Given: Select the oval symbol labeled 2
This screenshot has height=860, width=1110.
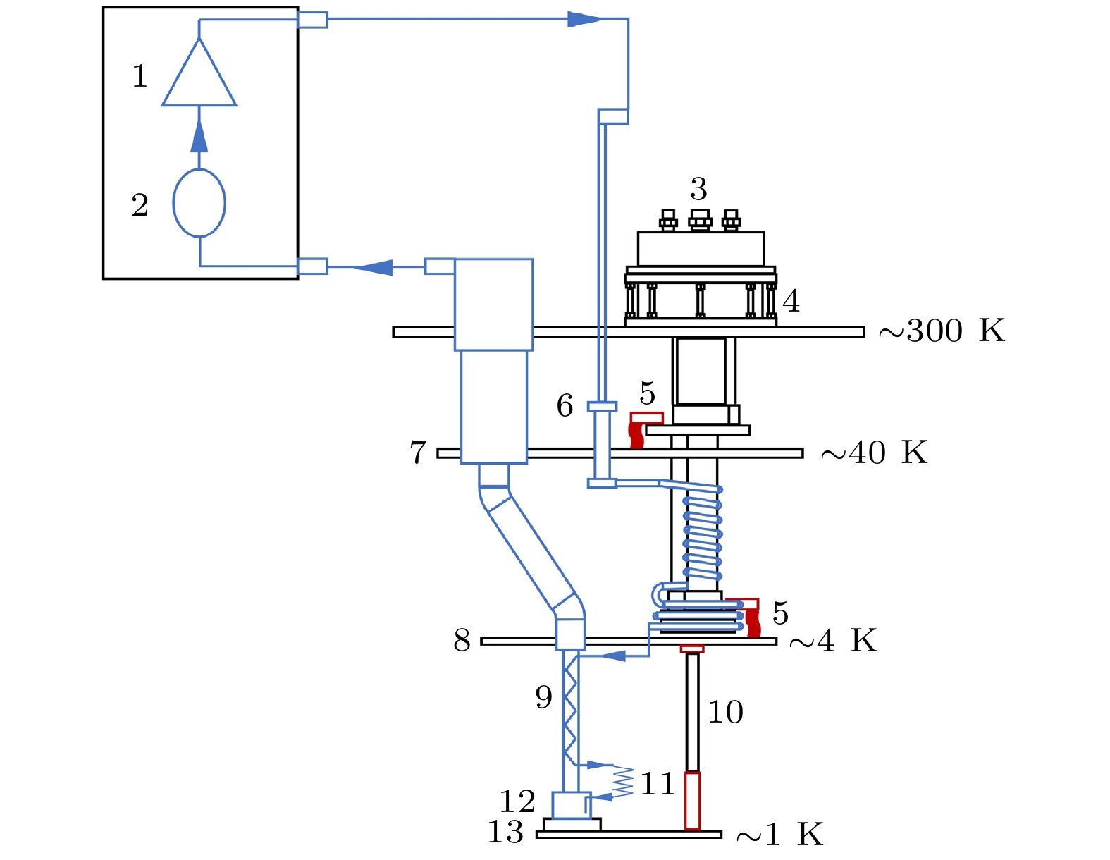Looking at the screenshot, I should point(199,203).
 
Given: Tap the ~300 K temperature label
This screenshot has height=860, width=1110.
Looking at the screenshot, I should point(942,331).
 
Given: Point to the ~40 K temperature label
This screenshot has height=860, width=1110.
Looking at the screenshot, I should point(875,453).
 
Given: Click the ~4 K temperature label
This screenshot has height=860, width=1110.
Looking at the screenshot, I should point(833,641).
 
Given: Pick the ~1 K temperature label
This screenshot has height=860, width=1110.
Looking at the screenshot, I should point(779,835).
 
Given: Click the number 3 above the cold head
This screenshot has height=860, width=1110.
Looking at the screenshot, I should point(698,189).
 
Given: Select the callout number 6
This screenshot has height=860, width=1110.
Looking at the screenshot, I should point(565,405).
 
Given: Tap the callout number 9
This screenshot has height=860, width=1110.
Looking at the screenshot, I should point(543,697).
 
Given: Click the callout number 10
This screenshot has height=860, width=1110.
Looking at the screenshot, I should point(725,712).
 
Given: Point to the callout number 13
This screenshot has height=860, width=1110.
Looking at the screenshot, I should point(505,832).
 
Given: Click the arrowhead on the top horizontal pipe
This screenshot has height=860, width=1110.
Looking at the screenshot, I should point(584,19).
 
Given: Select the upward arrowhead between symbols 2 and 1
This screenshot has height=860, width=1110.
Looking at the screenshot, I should point(199,137).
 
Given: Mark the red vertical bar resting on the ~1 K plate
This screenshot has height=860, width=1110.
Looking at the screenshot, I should point(693,801).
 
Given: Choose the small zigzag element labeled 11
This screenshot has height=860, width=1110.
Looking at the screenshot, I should point(623,782).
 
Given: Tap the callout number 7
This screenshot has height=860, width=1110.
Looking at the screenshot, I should point(418,453).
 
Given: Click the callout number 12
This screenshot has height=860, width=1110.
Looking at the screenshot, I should point(517,801).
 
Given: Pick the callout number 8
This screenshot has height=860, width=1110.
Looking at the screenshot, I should point(462,641).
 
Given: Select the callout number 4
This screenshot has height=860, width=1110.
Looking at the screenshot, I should point(791,302).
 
